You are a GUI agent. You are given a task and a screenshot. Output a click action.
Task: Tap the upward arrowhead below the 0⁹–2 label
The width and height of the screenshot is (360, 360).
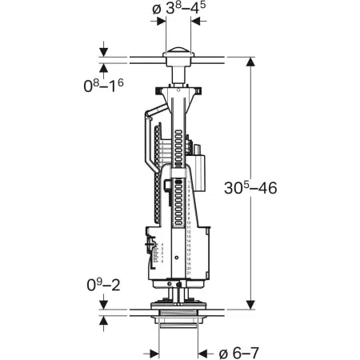click(105, 315)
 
